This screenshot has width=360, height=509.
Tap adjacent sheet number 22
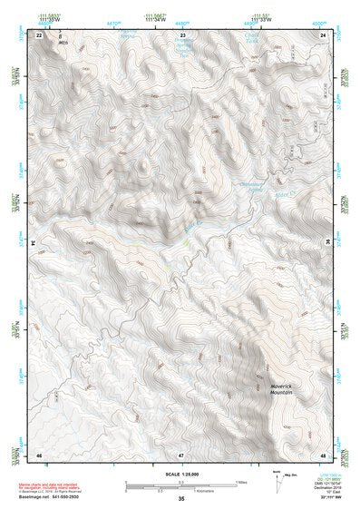pos(39,34)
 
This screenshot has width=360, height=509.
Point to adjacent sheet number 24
pos(322,34)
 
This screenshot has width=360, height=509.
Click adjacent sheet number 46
pos(39,453)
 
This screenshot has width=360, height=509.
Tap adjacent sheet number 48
pos(322,453)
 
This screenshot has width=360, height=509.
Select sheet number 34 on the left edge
pos(34,243)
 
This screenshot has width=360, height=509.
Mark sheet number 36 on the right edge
pos(327,243)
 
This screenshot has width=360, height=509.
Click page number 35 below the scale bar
pos(180,499)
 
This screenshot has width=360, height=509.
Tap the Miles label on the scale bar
pos(241,482)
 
